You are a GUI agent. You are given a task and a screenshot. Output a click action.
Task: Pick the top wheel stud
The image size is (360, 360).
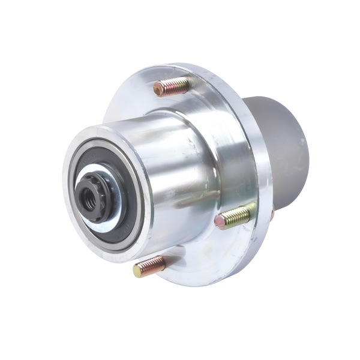[x=171, y=88]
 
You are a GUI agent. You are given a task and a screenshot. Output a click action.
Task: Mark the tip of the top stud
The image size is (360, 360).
[x=158, y=90]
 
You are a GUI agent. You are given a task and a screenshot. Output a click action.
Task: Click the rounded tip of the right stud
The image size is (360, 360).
[x=220, y=222]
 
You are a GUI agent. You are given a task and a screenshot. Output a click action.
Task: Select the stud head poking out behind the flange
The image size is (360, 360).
[x=272, y=213]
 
